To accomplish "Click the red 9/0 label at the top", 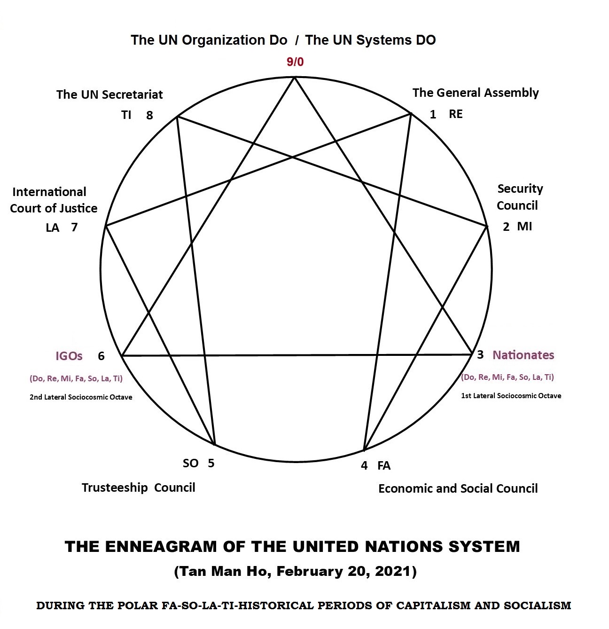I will tap(295, 62).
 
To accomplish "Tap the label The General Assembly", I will tap(475, 93).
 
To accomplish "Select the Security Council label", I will tap(518, 197).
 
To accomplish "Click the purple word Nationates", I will tap(523, 355).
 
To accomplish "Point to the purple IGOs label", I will tap(69, 356).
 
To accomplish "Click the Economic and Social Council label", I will tap(458, 488).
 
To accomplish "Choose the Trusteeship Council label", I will tap(138, 487).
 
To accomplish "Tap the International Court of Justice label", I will tap(53, 200).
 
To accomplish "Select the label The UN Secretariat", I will tap(109, 94).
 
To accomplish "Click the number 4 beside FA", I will tap(364, 465).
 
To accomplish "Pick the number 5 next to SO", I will tap(211, 463).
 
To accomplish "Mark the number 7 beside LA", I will tap(74, 228).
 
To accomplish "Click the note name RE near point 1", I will tap(455, 114).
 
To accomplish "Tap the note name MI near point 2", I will tap(524, 227).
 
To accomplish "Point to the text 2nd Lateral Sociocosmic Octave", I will tap(81, 397).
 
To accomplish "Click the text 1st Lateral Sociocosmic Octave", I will tap(511, 396).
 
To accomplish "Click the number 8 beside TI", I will tap(149, 116).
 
